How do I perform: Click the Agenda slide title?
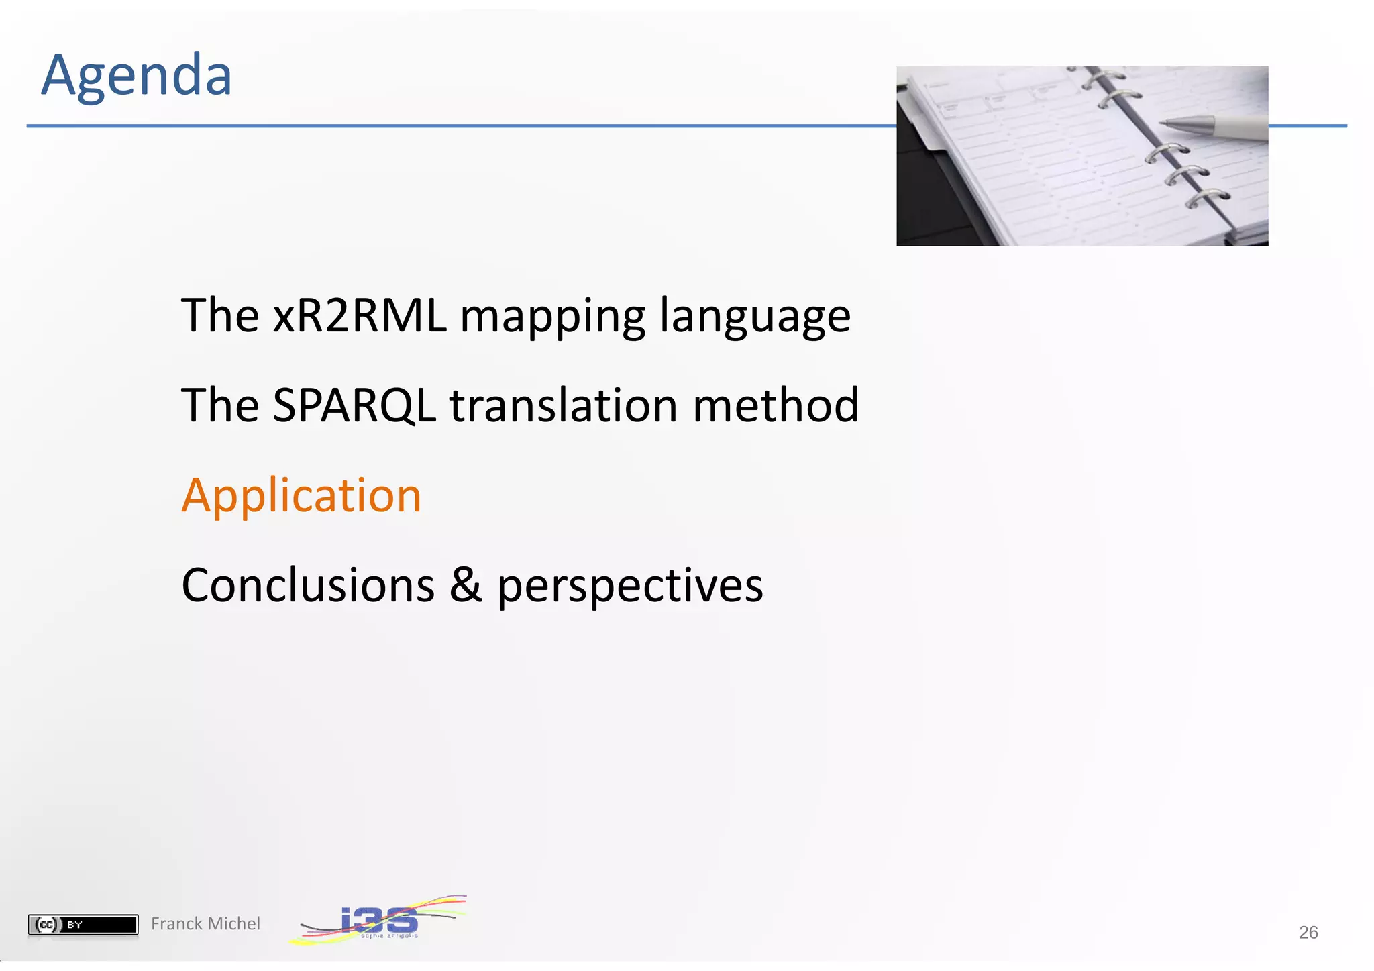tap(136, 75)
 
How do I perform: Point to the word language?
tap(755, 317)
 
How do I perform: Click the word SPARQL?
tap(354, 406)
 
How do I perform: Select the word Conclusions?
tap(308, 585)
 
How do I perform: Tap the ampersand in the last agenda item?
tap(466, 585)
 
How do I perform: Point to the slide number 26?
tap(1308, 932)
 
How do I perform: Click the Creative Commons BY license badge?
tap(83, 924)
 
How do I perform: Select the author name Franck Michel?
tap(205, 924)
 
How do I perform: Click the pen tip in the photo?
tap(1167, 123)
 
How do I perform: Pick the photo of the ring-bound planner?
tap(1081, 156)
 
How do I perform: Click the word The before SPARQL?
tap(220, 406)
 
